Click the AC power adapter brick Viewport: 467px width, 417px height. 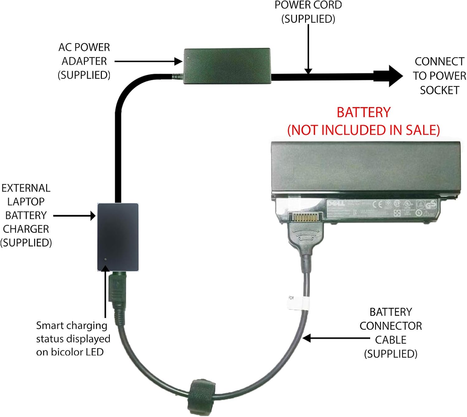point(227,66)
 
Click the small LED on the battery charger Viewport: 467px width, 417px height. point(106,259)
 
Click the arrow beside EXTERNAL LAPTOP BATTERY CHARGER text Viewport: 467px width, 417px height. point(74,215)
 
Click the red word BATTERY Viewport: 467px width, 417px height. point(363,113)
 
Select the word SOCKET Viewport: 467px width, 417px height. point(439,90)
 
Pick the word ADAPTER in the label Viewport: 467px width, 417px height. point(84,61)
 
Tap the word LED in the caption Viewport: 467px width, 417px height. point(95,352)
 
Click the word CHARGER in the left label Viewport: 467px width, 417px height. point(26,229)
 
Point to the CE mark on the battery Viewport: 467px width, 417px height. point(377,204)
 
